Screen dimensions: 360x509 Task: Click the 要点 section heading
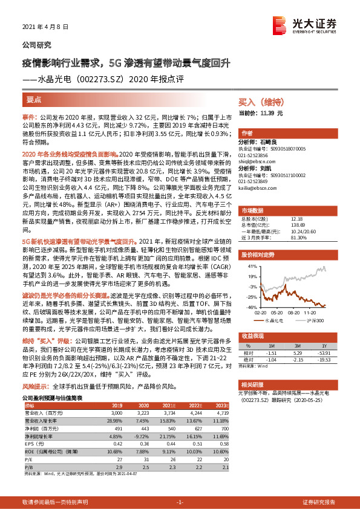pyautogui.click(x=34, y=99)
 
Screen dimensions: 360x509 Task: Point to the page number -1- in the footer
pyautogui.click(x=180, y=502)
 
